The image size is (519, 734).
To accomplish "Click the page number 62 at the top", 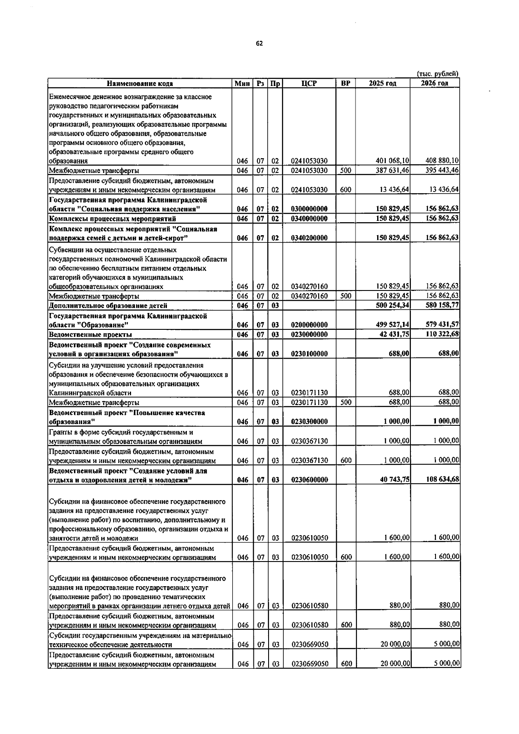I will pyautogui.click(x=259, y=43).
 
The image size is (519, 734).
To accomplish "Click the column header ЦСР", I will pyautogui.click(x=309, y=83).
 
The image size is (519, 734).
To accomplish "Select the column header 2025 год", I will pyautogui.click(x=382, y=83).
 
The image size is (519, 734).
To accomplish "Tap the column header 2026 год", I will pyautogui.click(x=434, y=83).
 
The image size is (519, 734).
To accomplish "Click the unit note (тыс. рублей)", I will pyautogui.click(x=437, y=74).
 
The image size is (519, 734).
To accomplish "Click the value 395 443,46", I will pyautogui.click(x=442, y=171).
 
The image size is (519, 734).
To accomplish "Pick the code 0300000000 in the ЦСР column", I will pyautogui.click(x=309, y=209).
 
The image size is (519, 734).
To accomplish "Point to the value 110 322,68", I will pyautogui.click(x=442, y=335).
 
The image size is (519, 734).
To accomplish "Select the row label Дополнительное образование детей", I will pyautogui.click(x=108, y=306).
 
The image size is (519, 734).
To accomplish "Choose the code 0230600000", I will pyautogui.click(x=309, y=480).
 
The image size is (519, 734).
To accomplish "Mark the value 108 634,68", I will pyautogui.click(x=442, y=480).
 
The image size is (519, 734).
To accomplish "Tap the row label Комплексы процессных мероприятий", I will pyautogui.click(x=112, y=219).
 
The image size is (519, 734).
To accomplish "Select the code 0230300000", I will pyautogui.click(x=309, y=422).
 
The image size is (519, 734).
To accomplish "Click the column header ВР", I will pyautogui.click(x=346, y=83).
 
